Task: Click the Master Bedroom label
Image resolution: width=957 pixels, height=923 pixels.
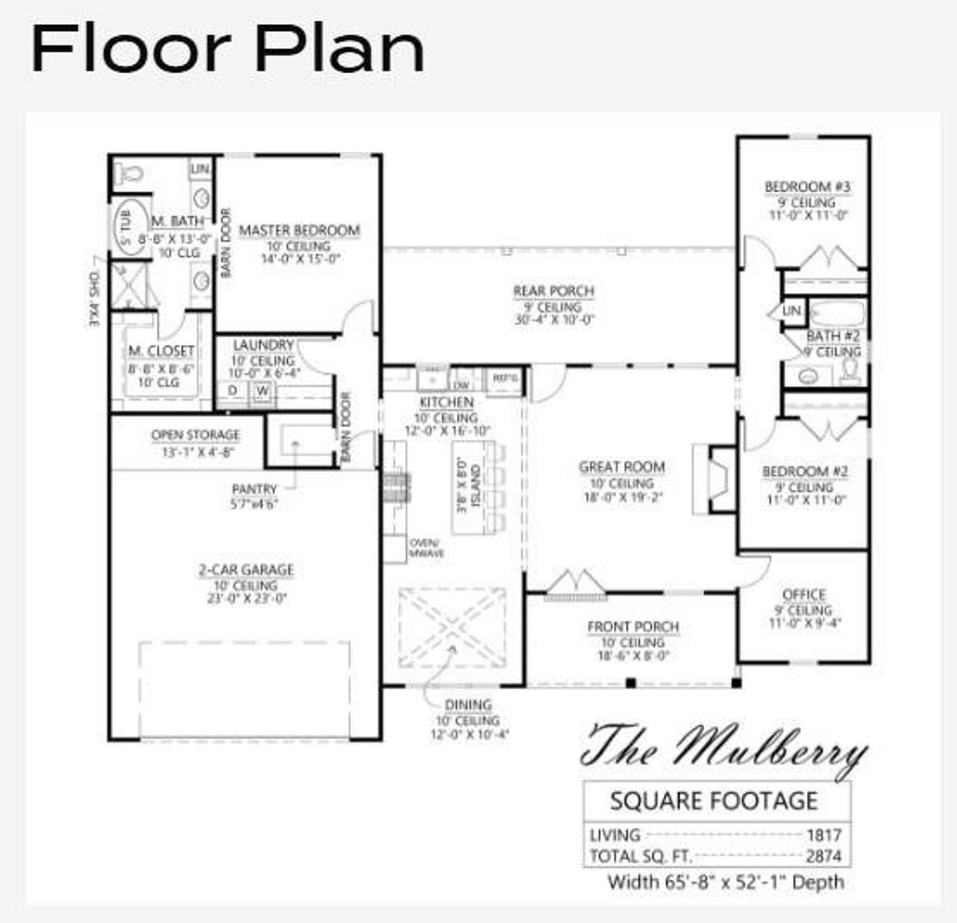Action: [299, 230]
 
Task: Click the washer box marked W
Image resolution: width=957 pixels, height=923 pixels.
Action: [262, 390]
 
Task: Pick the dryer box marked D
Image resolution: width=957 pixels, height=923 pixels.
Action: [233, 390]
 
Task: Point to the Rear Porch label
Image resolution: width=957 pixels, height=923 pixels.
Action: [553, 291]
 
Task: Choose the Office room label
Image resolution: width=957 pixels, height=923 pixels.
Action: [804, 595]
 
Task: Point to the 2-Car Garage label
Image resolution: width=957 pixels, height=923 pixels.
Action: [246, 570]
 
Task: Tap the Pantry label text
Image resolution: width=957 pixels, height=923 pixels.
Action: [254, 489]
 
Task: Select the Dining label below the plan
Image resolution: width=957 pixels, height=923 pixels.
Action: [468, 705]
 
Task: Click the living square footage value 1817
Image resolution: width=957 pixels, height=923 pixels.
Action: [823, 835]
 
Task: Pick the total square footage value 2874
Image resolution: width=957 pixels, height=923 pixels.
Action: [823, 856]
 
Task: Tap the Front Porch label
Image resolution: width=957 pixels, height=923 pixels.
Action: [633, 627]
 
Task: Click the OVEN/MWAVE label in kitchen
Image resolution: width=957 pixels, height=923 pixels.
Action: [426, 548]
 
